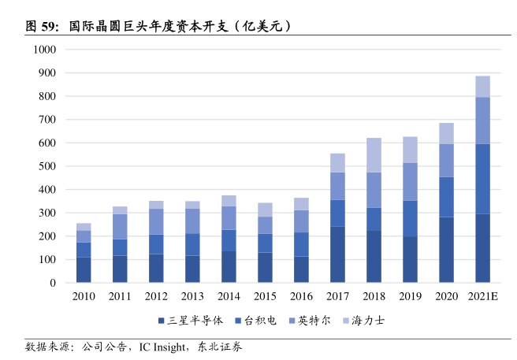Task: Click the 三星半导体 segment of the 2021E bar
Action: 482,248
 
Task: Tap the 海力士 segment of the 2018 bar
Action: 374,155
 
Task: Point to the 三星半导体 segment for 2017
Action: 337,254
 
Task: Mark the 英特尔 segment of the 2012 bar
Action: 156,221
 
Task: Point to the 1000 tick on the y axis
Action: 45,50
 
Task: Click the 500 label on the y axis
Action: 48,166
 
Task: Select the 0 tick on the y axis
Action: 53,283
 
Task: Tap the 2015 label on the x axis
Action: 265,297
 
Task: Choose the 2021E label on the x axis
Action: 482,297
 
